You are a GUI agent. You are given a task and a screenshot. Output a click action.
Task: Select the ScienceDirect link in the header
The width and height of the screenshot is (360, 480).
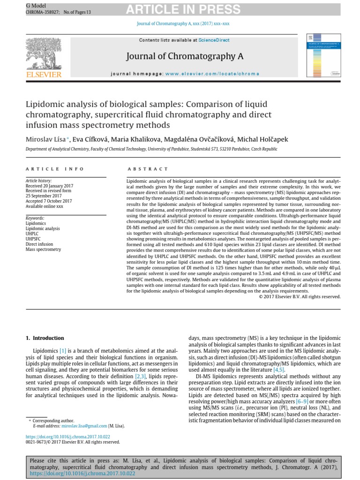214,40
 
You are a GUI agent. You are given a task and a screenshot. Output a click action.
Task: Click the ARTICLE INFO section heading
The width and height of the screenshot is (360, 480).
55,169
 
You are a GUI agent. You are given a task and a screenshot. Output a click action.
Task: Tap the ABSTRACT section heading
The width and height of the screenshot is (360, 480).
148,169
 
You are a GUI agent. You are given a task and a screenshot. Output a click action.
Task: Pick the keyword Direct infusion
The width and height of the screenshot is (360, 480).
39,244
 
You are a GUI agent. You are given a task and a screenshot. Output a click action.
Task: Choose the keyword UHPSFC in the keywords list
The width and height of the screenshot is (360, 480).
33,239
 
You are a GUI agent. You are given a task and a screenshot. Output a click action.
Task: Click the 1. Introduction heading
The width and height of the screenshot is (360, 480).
45,338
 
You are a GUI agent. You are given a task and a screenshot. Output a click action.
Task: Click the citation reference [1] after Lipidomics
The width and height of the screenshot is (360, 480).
63,350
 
